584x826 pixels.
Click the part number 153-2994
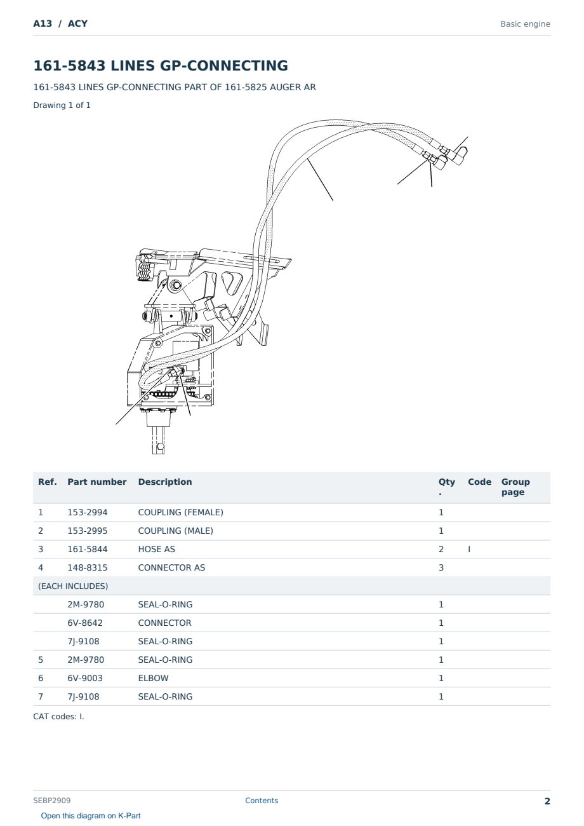pos(88,512)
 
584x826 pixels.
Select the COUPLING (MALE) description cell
pos(175,531)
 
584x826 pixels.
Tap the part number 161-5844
pos(88,549)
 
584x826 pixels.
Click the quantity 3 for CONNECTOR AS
pos(441,567)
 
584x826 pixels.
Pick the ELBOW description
pos(153,678)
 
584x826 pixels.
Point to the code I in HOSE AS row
pos(469,549)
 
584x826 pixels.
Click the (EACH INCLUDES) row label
pos(73,586)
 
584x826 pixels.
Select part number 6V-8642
pos(85,623)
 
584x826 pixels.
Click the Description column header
pos(165,482)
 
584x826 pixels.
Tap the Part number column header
pos(97,482)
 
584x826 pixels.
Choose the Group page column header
pos(515,487)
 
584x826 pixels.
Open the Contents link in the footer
pos(262,801)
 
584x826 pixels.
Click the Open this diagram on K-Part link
pos(91,816)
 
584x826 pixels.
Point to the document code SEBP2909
pos(52,801)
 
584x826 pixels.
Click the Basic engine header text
pos(525,24)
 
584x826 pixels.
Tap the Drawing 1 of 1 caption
pos(62,105)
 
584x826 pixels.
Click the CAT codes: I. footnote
pos(58,717)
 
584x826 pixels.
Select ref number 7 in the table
pos(41,696)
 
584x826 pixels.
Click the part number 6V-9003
pos(85,678)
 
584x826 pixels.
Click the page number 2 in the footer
pos(547,801)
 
